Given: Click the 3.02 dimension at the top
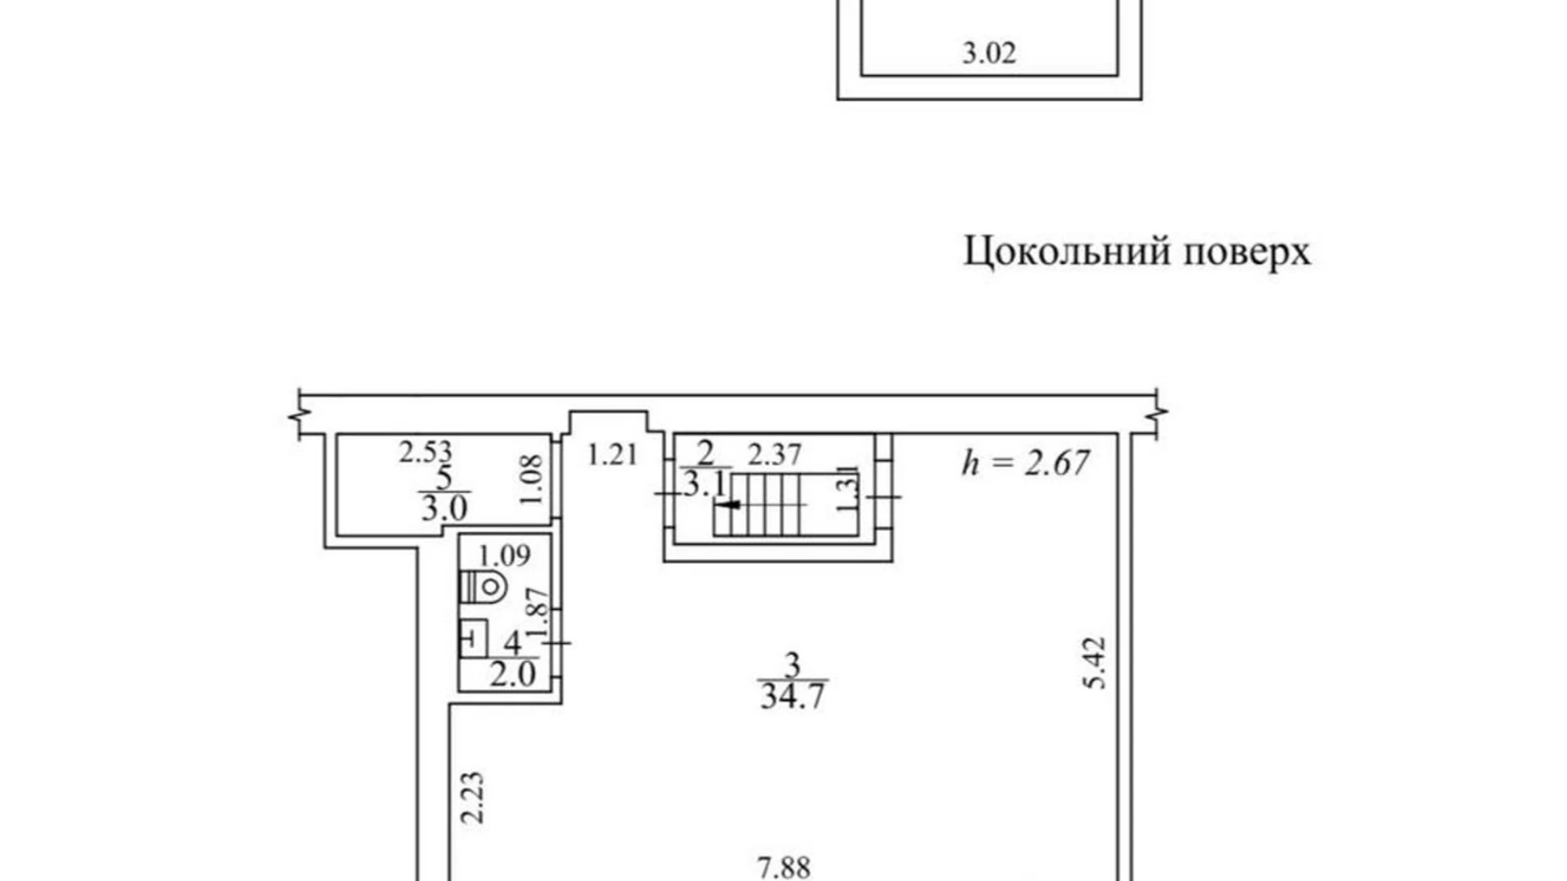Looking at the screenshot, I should (988, 53).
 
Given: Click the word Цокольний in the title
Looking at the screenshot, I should (1063, 252).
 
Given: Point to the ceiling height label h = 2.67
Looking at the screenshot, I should (1026, 463).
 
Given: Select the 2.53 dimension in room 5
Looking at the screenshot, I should (425, 452).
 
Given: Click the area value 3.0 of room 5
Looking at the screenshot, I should (444, 509).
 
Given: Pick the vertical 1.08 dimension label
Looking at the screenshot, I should (532, 480).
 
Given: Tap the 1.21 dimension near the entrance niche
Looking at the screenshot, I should (612, 455).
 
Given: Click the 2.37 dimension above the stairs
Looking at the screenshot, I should (773, 455).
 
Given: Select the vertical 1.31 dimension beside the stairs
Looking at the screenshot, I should (848, 490).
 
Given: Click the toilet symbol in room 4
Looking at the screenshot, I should (484, 587).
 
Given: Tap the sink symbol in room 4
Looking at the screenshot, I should (473, 639).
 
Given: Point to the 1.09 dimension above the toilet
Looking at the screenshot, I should (504, 556).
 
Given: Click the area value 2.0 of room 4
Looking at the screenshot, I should (512, 675).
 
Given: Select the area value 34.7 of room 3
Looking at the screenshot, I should (792, 696).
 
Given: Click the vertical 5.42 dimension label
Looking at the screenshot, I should (1095, 663).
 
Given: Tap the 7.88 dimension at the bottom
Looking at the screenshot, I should (783, 867).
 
